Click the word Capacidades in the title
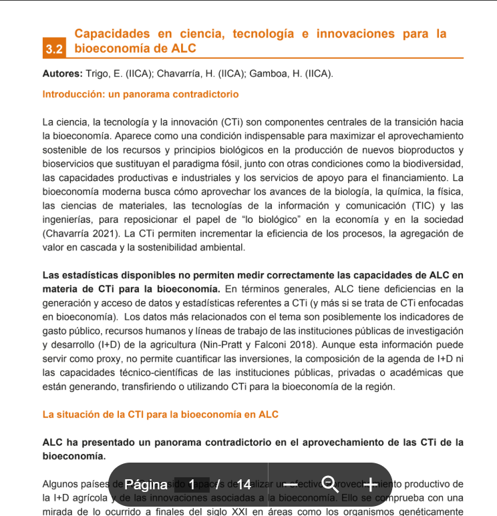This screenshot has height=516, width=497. [x=111, y=33]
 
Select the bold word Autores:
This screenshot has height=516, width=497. [x=62, y=73]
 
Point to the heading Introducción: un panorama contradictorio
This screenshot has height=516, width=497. [x=140, y=94]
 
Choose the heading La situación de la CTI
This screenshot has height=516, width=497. [x=160, y=415]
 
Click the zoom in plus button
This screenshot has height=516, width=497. [x=369, y=484]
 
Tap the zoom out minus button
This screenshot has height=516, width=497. [x=291, y=484]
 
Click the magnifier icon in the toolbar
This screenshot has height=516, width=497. [x=330, y=483]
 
